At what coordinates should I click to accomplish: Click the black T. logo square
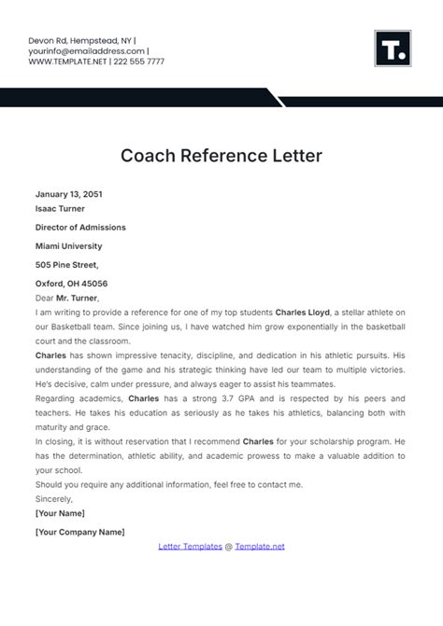pos(393,49)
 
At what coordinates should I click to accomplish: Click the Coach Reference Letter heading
pos(221,155)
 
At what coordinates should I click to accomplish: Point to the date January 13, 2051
pos(68,194)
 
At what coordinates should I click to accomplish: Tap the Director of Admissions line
pos(80,227)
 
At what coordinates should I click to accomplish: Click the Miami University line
pos(69,246)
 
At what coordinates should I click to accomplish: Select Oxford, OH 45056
pos(71,284)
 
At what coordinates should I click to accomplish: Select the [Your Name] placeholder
pos(60,513)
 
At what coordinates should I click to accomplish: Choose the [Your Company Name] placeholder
pos(79,532)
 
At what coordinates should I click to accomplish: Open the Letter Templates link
pos(190,546)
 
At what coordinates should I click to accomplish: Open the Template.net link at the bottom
pos(260,546)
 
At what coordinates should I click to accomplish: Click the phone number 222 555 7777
pos(140,62)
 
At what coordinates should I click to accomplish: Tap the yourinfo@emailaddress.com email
pos(87,51)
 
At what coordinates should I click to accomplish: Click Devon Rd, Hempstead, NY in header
pos(79,41)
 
